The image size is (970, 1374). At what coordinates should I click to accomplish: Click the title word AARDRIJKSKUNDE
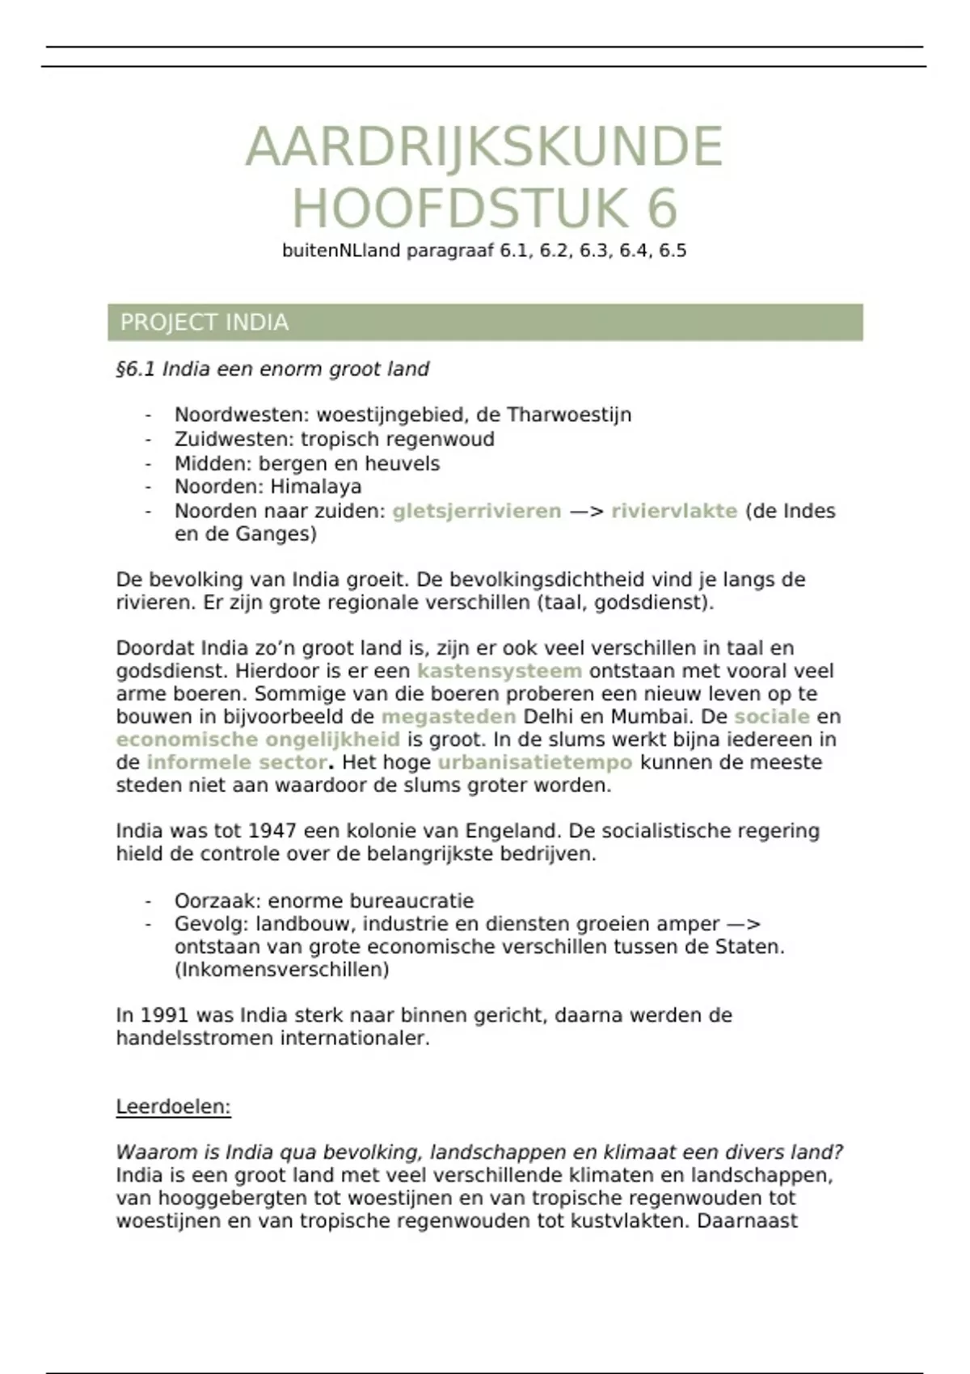click(483, 147)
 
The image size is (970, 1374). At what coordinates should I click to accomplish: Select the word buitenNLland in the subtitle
click(341, 251)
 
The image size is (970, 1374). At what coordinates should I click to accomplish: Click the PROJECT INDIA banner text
click(204, 322)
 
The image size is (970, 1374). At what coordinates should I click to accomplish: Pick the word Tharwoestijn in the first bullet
click(569, 415)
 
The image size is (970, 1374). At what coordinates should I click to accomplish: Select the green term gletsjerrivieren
click(476, 511)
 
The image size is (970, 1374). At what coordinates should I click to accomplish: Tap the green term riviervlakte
click(674, 511)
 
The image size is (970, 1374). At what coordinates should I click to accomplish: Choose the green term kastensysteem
click(499, 671)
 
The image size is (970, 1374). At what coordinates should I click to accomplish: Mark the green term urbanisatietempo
click(534, 762)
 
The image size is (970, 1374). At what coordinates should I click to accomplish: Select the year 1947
click(273, 831)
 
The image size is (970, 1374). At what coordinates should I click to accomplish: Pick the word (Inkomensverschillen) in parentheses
click(281, 969)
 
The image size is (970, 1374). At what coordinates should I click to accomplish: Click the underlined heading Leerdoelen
click(173, 1106)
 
